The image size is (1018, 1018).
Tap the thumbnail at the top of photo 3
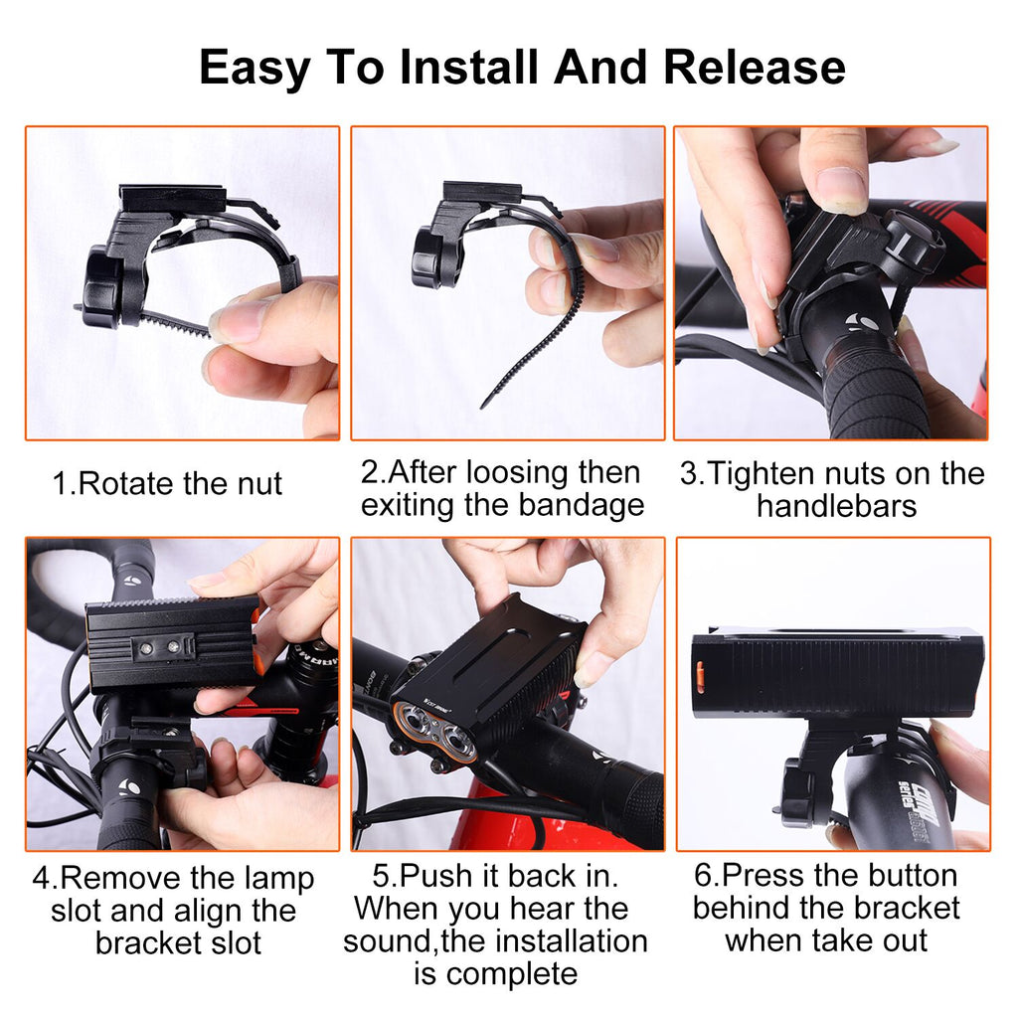tap(842, 190)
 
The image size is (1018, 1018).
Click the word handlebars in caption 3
tap(836, 506)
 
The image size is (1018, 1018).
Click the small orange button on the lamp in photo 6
tap(700, 675)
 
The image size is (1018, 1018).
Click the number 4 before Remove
tap(41, 879)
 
